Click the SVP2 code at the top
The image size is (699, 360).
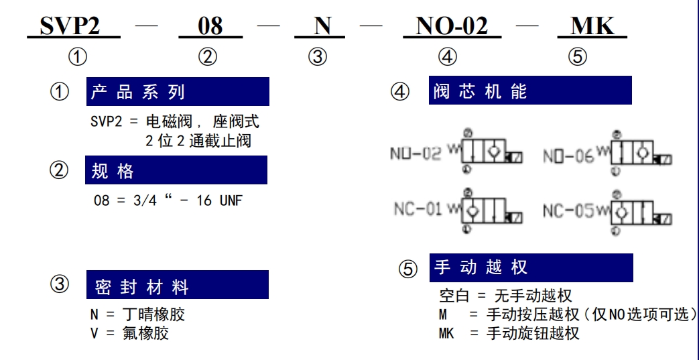tap(70, 26)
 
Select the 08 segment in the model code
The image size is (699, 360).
tap(210, 26)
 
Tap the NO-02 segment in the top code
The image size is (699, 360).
tap(452, 26)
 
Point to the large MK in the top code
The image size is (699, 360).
tap(592, 26)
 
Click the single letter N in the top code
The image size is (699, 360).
tap(322, 26)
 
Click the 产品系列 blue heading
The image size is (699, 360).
tap(178, 91)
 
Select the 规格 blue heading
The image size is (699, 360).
tap(176, 170)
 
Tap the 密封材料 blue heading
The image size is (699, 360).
tap(178, 285)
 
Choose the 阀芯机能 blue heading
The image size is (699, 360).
tap(530, 90)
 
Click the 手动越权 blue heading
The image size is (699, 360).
tap(531, 267)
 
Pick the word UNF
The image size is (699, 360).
tap(231, 200)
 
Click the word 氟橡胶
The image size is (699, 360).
tap(145, 333)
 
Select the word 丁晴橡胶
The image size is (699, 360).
tap(153, 314)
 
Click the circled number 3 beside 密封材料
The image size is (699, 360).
tap(60, 284)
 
